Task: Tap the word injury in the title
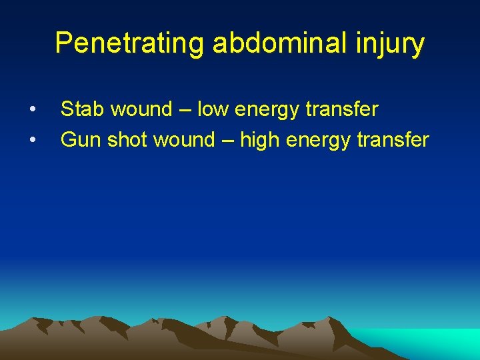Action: click(394, 43)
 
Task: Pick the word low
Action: click(213, 109)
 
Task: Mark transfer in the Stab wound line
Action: click(345, 109)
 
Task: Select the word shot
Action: click(128, 140)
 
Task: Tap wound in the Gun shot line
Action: click(187, 140)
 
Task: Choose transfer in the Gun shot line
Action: click(396, 140)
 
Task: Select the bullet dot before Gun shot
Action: click(32, 141)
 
